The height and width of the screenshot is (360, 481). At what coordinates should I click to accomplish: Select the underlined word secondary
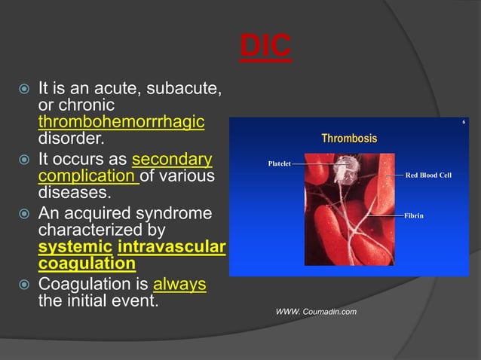coord(171,160)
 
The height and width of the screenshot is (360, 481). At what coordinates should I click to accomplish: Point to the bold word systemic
coord(75,246)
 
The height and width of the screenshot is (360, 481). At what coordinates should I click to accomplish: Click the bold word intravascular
coord(172,246)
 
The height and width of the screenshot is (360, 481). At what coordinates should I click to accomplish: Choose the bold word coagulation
coord(87,264)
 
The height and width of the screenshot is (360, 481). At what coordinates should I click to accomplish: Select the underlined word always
coord(179,285)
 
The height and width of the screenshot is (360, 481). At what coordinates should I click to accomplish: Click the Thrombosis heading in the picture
coord(349,139)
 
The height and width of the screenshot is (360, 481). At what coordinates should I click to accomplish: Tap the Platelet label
coord(279,163)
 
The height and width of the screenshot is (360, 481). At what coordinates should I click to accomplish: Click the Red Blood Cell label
coord(428,175)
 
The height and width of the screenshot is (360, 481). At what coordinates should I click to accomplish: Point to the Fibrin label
coord(414,215)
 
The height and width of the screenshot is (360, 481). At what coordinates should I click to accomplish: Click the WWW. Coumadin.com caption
coord(317,312)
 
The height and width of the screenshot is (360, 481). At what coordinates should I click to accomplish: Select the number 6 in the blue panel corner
coord(464,122)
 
